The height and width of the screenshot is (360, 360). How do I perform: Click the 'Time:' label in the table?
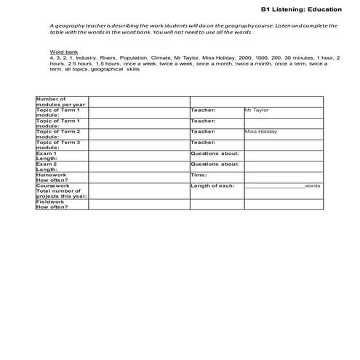pyautogui.click(x=199, y=175)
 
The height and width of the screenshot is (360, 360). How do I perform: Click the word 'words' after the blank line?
pyautogui.click(x=313, y=186)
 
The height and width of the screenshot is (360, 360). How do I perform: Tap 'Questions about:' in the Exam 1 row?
pyautogui.click(x=215, y=153)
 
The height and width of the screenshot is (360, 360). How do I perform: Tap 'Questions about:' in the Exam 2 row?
pyautogui.click(x=215, y=164)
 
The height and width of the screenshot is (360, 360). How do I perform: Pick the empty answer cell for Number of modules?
pyautogui.click(x=139, y=101)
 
